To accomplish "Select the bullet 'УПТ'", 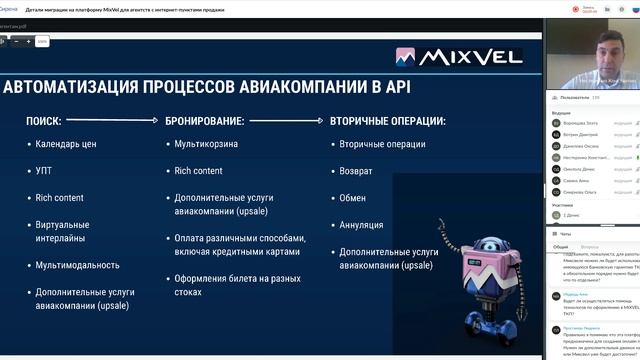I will tap(44, 171).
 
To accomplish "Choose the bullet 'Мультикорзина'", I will tap(205, 145).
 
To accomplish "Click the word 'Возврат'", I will tap(357, 171).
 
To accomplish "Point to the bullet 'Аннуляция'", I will tap(361, 225).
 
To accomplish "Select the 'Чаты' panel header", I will tap(566, 233).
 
